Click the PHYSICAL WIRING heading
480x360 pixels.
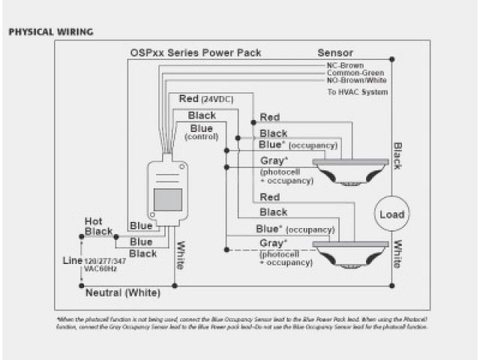(x=50, y=32)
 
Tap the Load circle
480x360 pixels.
(x=391, y=214)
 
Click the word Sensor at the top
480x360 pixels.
(x=335, y=54)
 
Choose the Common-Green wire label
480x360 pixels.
(x=356, y=73)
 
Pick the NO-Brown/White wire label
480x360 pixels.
(x=357, y=80)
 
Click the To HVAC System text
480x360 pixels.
(x=358, y=92)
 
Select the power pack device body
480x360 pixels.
(x=168, y=191)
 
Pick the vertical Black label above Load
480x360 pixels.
(x=397, y=156)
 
